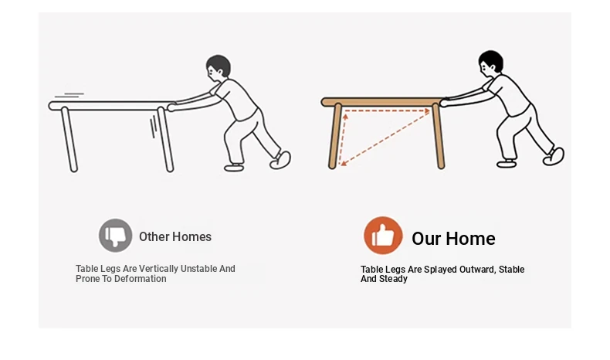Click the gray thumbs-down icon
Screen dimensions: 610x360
[115, 236]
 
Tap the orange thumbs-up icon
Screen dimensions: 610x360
[383, 236]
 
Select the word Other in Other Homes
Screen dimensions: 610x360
[154, 236]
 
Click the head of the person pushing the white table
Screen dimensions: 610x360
[218, 67]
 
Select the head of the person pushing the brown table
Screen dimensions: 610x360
[490, 63]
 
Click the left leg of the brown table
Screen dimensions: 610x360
[335, 136]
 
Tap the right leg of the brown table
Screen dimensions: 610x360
[439, 136]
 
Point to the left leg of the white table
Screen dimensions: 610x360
[69, 139]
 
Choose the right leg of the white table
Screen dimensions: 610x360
[165, 139]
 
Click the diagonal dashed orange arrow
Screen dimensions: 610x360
[385, 138]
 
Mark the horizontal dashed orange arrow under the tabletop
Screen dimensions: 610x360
[387, 111]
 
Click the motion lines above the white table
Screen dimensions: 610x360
[69, 95]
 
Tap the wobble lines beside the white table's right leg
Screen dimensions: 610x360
[154, 127]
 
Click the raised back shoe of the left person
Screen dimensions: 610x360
[280, 160]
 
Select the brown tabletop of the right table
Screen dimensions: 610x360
[381, 102]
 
